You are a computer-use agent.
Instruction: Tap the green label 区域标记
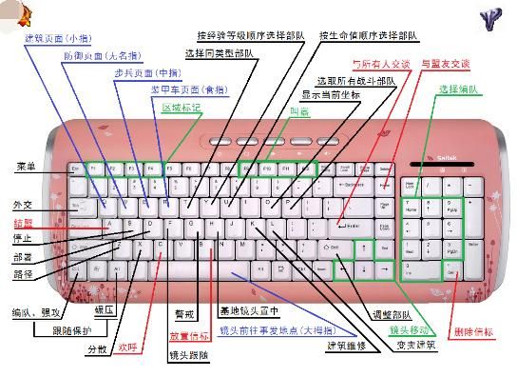tap(182, 108)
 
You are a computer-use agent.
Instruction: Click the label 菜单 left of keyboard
tap(25, 168)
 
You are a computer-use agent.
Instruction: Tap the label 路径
tap(23, 274)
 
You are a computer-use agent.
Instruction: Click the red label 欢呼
tap(128, 347)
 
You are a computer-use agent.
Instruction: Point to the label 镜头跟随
tap(188, 355)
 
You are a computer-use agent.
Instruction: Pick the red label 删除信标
tap(474, 332)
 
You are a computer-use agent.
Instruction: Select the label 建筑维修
tap(348, 345)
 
